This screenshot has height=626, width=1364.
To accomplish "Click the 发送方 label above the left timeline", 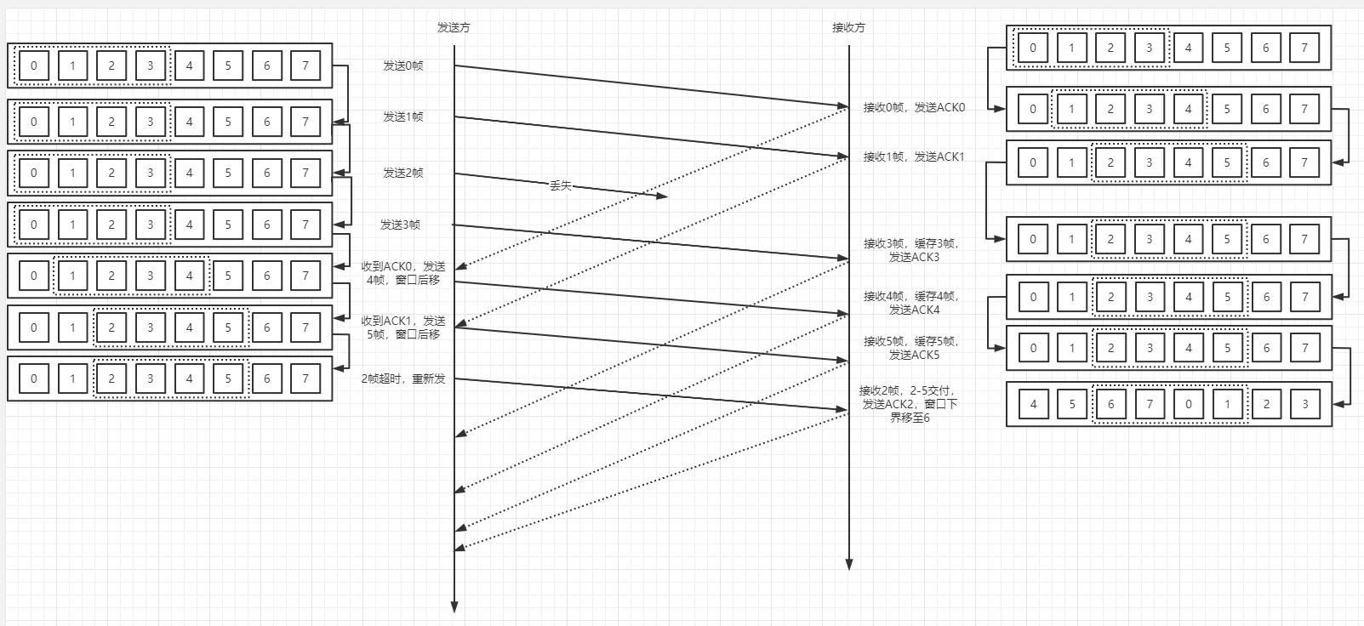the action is [x=454, y=27].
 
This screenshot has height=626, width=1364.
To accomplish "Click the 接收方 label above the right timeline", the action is [x=848, y=27].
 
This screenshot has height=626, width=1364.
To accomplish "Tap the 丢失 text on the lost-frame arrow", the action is [x=560, y=185].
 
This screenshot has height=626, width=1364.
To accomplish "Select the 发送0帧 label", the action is [x=402, y=65].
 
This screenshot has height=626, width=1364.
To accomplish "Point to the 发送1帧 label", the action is [x=402, y=117].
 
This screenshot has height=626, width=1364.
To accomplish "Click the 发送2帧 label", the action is [x=402, y=173].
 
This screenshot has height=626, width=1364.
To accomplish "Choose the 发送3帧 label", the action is [x=400, y=225].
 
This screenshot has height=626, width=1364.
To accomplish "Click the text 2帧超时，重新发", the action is [x=403, y=378].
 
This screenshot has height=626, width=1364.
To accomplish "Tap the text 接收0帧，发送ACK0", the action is [x=914, y=107].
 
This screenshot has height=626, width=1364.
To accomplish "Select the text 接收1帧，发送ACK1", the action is [x=914, y=156].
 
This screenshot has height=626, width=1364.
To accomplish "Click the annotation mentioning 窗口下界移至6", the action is [x=909, y=404].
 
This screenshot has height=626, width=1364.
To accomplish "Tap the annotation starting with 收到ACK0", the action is [x=403, y=273].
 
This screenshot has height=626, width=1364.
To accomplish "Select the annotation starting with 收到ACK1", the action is [x=403, y=327].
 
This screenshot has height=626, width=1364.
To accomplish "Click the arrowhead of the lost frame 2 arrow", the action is [x=663, y=196].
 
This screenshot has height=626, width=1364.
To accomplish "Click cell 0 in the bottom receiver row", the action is [x=1189, y=404].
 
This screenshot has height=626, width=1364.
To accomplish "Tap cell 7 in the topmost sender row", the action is [x=305, y=65].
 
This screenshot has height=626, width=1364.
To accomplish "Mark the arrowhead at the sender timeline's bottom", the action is [x=454, y=606].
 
